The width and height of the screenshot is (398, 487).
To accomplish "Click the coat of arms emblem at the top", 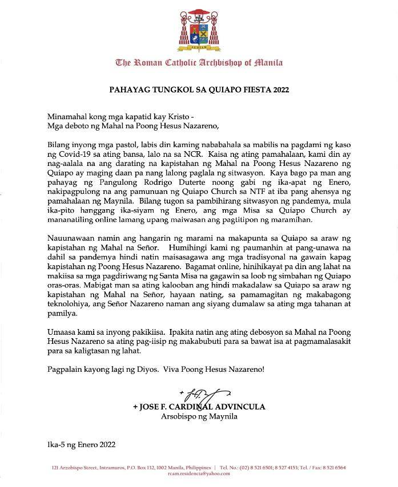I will [x=198, y=29].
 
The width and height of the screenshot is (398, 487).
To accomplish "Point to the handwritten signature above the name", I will [x=206, y=394].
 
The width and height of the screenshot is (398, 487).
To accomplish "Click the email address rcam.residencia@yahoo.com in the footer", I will [x=198, y=473].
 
